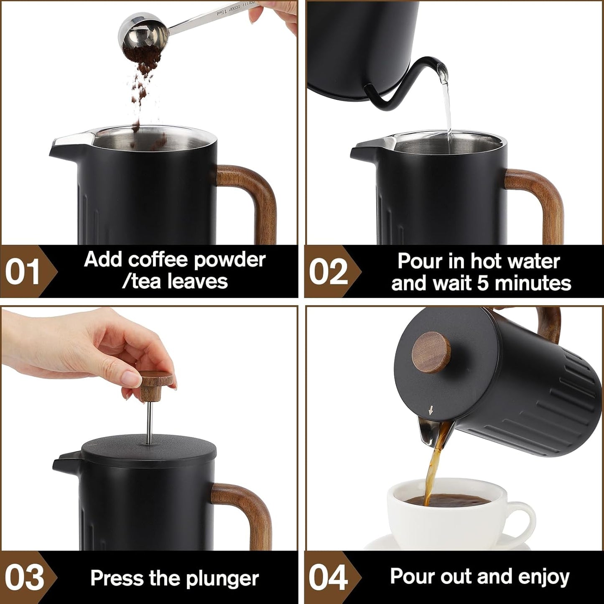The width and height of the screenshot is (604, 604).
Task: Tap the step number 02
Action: tap(328, 272)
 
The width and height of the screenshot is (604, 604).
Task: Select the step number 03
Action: tap(24, 578)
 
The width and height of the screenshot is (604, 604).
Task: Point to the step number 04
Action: tap(328, 578)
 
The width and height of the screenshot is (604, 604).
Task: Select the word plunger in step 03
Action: tap(222, 579)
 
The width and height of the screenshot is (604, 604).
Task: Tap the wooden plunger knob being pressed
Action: tap(156, 385)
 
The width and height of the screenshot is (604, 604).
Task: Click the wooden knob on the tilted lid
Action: tap(431, 352)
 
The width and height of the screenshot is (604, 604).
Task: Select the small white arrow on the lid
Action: tap(431, 410)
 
